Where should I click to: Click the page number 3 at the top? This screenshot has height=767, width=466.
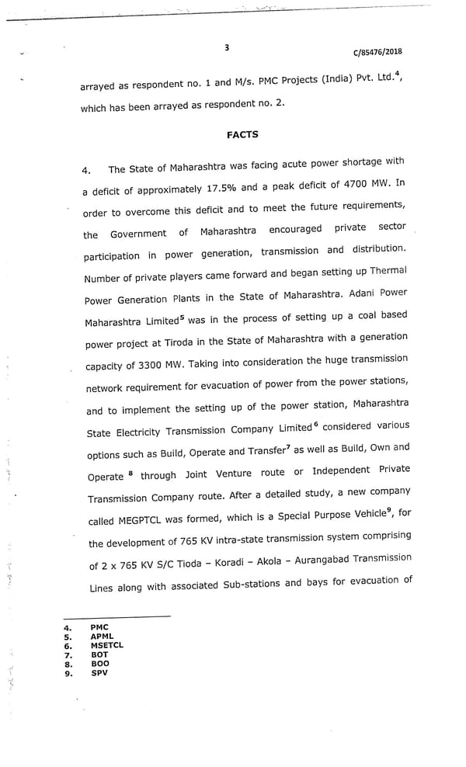tap(227, 47)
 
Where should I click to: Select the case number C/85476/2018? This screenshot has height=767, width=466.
tap(377, 53)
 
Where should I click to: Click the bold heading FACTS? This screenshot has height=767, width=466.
tap(242, 135)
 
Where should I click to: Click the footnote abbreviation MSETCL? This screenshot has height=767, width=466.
tap(106, 645)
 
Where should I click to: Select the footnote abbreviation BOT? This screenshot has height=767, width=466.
tap(99, 654)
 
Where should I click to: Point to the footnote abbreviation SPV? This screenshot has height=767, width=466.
tap(99, 673)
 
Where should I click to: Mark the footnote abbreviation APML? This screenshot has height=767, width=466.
tap(102, 636)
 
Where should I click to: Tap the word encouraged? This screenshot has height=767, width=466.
tap(295, 230)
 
